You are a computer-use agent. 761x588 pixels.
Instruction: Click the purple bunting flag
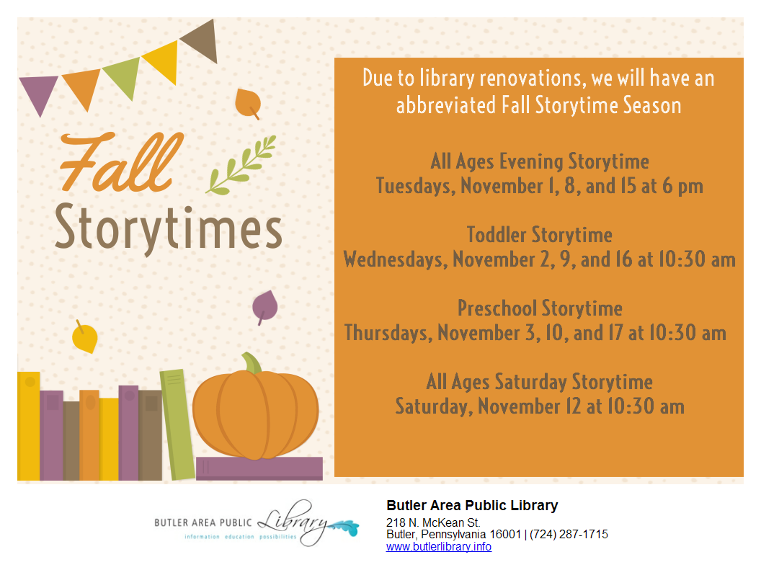38,92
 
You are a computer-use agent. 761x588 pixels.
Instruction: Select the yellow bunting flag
163,61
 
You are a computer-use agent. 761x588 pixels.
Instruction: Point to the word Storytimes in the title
168,228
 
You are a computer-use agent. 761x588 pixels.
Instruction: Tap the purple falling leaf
264,307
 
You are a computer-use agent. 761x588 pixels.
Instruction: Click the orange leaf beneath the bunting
248,103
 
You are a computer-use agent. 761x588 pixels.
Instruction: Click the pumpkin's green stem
252,363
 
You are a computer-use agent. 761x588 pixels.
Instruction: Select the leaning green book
177,424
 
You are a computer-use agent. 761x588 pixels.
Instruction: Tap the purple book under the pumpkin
259,468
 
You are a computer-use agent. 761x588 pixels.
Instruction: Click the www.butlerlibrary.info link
439,547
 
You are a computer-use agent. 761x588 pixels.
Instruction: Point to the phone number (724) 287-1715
569,534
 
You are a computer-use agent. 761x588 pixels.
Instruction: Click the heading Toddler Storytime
539,235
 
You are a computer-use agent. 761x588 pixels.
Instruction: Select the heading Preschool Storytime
540,308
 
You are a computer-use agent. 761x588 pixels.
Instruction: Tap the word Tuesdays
416,187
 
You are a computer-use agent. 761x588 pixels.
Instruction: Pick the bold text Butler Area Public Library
472,506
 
